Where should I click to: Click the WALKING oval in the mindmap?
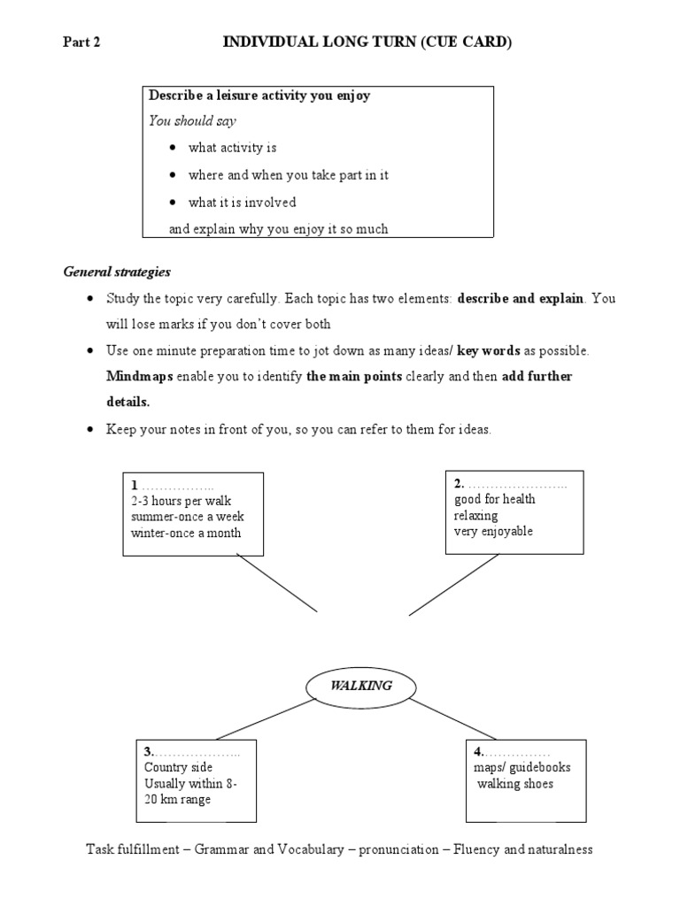(x=348, y=686)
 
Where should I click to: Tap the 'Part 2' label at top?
(x=81, y=42)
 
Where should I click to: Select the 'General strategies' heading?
(x=117, y=272)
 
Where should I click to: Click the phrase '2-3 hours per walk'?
(x=181, y=501)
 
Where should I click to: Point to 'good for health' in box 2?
(x=494, y=499)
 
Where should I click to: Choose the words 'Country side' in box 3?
(x=178, y=767)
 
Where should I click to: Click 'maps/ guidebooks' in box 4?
(x=522, y=767)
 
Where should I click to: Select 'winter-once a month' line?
(x=185, y=533)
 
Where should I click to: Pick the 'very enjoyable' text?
(x=493, y=532)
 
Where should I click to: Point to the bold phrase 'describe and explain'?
(x=521, y=298)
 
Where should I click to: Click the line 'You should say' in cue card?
(x=192, y=121)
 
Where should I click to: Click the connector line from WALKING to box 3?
(x=266, y=718)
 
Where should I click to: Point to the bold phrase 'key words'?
(x=488, y=351)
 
